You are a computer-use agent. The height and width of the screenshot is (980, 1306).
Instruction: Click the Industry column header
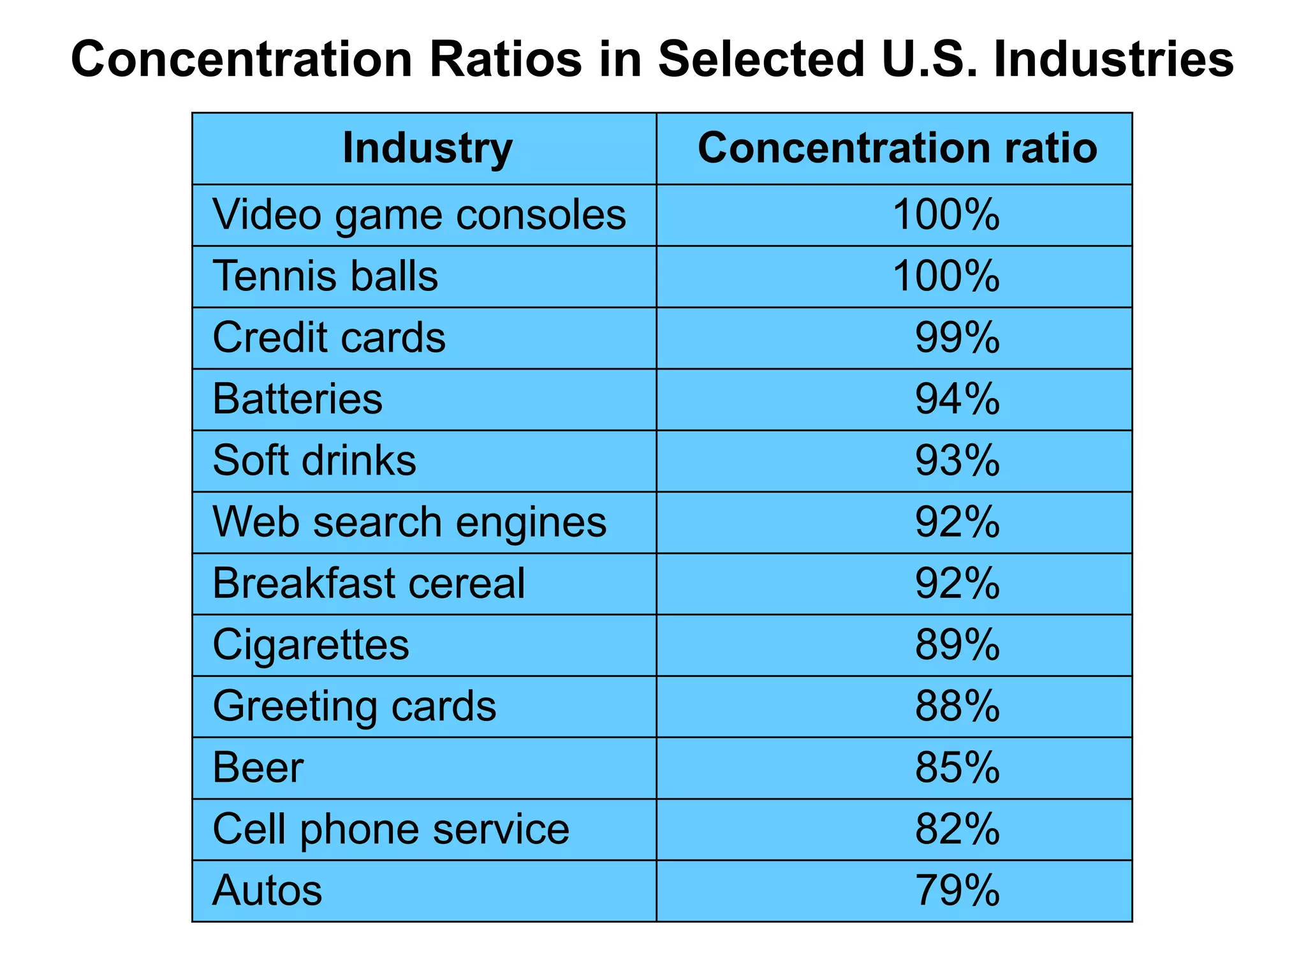pos(427,149)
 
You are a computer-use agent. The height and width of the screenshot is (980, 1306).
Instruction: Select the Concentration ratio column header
pos(897,149)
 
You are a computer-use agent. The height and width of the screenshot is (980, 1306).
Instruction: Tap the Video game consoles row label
pos(419,215)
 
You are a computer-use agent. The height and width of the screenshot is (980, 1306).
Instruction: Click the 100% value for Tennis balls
pos(945,277)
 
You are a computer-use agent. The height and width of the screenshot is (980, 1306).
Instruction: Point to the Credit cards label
pos(328,338)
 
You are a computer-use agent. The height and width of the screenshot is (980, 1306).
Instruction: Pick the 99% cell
pos(957,338)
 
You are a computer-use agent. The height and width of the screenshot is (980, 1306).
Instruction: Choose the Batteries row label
pos(297,399)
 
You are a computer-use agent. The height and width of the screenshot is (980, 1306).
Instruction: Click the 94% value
pos(957,399)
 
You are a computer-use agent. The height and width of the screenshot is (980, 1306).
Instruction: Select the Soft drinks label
pos(314,461)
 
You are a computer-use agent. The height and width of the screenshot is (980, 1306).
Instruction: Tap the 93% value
pos(957,461)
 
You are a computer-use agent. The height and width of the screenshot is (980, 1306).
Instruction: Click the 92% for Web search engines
pos(957,523)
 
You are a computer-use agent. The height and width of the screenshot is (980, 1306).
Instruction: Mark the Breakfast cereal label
pos(369,584)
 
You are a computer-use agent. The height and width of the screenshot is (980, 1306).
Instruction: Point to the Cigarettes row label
pos(311,645)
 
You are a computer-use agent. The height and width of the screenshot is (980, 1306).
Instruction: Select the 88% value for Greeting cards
pos(957,706)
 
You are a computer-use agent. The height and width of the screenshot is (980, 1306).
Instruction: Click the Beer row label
pos(258,768)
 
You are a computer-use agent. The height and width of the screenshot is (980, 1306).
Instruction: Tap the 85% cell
pos(957,768)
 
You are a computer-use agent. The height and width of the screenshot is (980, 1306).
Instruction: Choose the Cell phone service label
pos(390,829)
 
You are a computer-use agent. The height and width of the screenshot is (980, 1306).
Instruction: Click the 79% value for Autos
pos(957,891)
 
